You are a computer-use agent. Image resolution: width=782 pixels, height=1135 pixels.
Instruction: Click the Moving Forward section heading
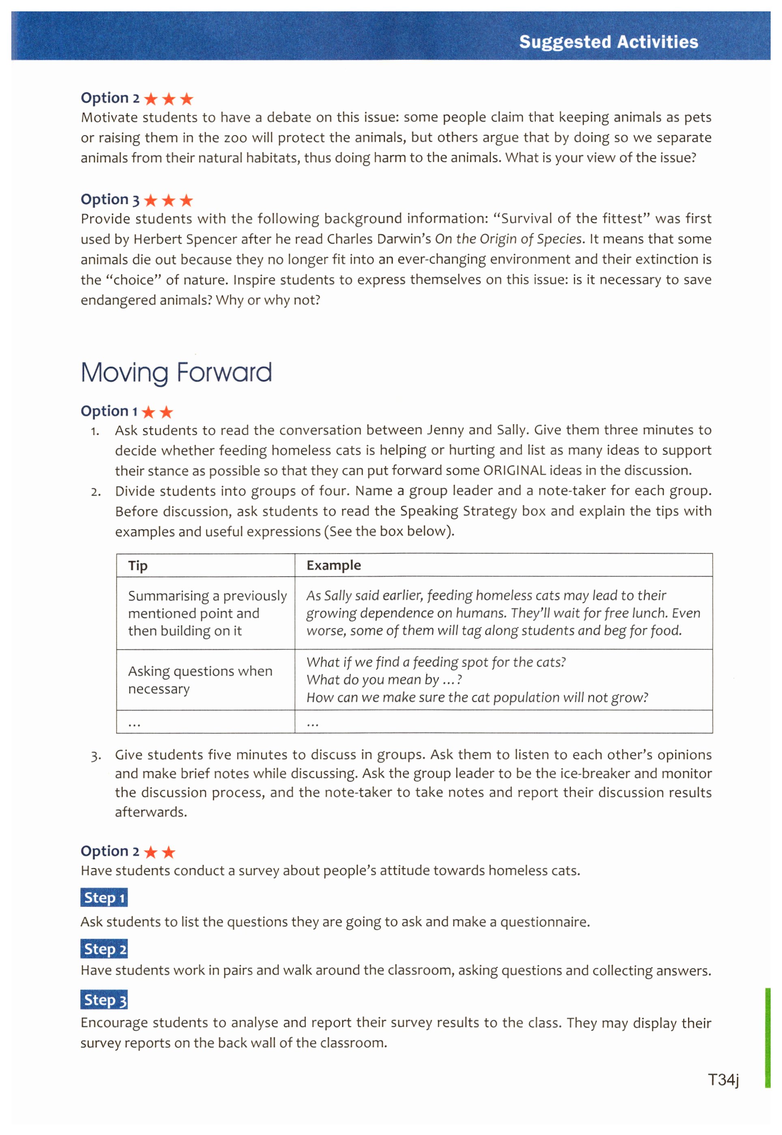(x=176, y=373)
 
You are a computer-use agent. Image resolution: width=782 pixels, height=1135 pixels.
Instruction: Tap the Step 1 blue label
(x=104, y=898)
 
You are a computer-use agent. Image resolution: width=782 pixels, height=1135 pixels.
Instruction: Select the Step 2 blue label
(x=104, y=949)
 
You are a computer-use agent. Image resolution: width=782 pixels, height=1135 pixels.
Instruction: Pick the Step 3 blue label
(x=104, y=1000)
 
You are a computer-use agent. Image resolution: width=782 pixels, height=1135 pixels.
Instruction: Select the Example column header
(x=334, y=566)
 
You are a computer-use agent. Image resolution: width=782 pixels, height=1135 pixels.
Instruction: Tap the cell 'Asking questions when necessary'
(x=200, y=680)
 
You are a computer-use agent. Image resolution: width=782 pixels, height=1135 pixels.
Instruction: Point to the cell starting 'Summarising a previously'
(x=207, y=613)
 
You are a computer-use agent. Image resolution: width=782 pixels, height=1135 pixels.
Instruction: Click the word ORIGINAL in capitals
(x=514, y=470)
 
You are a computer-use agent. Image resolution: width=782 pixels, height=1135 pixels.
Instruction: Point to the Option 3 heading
(x=110, y=200)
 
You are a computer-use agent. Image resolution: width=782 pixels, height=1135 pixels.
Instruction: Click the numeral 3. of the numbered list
(x=96, y=756)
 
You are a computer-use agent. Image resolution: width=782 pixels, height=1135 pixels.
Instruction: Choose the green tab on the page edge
(x=767, y=1038)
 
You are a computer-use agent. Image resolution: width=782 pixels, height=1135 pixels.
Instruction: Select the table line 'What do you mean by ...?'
(x=384, y=680)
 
